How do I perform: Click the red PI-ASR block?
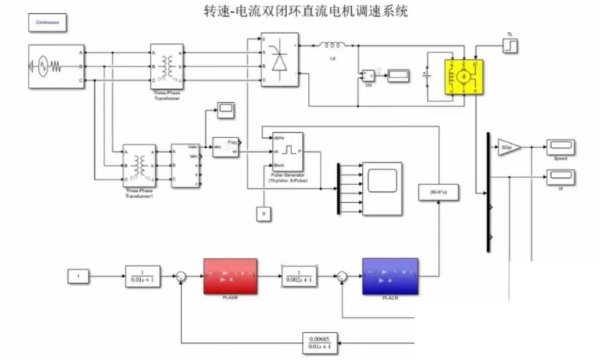point(230,276)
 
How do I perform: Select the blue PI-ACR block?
point(389,276)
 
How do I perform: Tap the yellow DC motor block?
point(463,76)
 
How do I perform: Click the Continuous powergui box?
point(47,22)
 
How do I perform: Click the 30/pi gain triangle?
point(508,147)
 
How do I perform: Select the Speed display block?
point(560,147)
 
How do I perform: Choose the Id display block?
point(560,178)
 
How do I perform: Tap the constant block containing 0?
point(264,213)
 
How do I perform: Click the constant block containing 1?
point(78,276)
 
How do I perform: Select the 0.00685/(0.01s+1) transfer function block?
point(320,343)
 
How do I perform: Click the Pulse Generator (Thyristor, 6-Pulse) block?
point(287,151)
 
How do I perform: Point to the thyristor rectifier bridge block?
point(280,59)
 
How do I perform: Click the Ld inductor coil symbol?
point(333,46)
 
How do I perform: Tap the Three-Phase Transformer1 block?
point(139,166)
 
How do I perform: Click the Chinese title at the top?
point(306,11)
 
